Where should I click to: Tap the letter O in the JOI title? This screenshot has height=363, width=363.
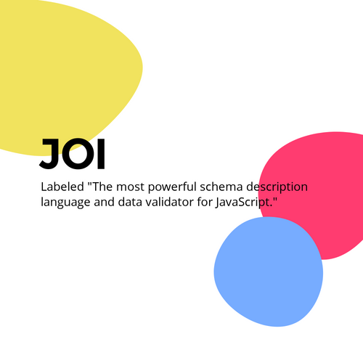pos(78,154)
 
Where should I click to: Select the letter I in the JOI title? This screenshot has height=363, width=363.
pos(101,154)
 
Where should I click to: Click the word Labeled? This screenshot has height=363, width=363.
pos(62,187)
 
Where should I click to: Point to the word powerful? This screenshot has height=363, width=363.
pos(172,187)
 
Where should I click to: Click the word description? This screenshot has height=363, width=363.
pos(277,187)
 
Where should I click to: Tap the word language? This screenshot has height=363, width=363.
pos(65,203)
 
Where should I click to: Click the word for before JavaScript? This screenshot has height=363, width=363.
pos(204,202)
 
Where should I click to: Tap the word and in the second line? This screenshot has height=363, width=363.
pos(104,202)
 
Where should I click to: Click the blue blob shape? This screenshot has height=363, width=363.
pos(268,272)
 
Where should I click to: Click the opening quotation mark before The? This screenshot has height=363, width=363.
pos(90,184)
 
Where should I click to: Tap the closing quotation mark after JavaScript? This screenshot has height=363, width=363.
pos(274,199)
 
